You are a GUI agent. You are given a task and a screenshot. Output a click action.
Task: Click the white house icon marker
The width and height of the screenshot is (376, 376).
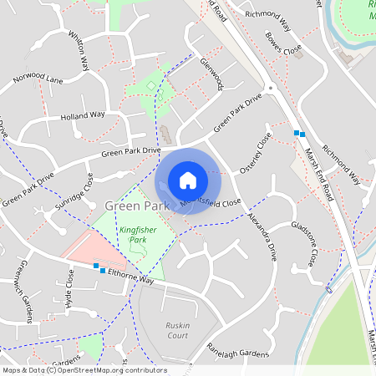point(188,180)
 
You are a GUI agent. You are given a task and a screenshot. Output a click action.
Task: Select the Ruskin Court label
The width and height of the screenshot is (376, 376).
point(178,330)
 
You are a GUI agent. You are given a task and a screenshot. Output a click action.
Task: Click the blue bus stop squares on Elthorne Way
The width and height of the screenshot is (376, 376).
point(99,268)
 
